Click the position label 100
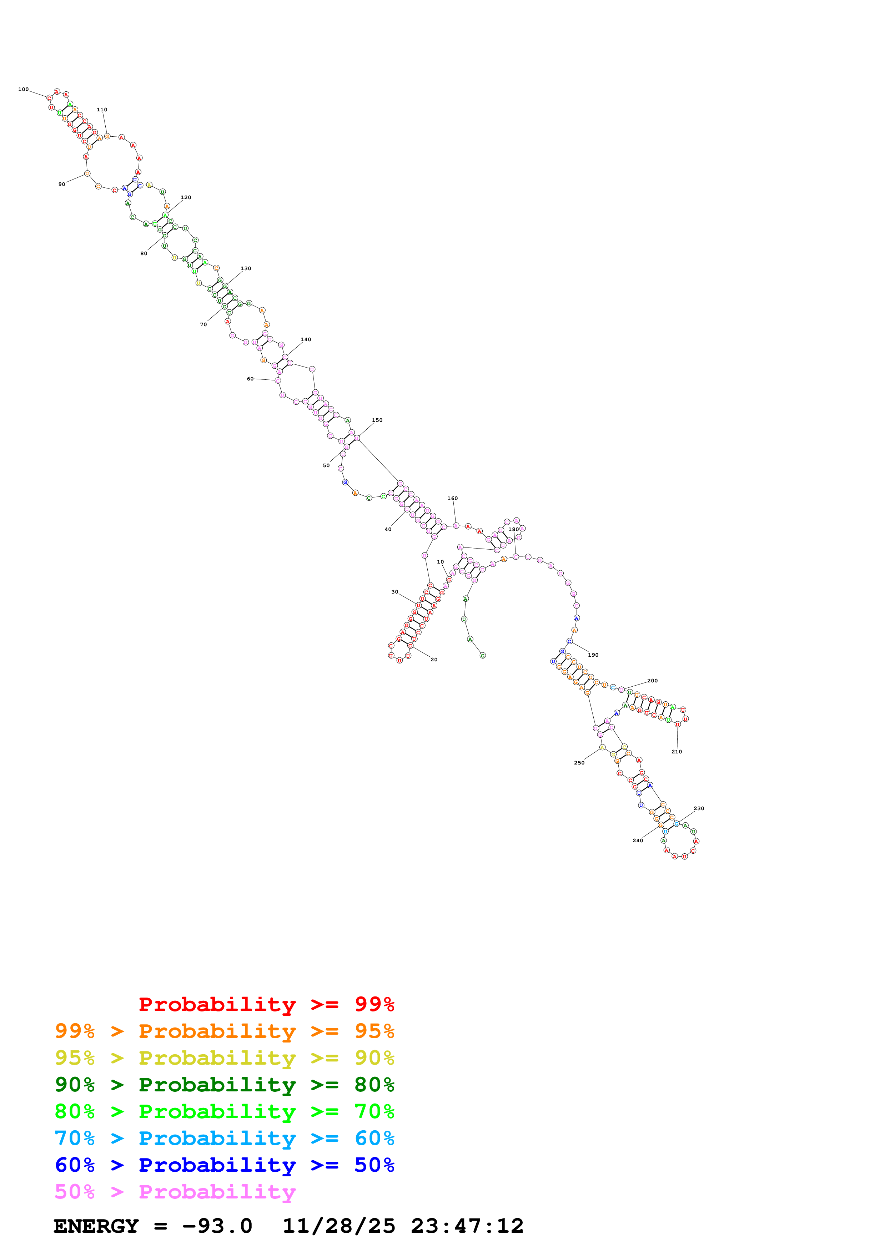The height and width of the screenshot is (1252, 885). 24,90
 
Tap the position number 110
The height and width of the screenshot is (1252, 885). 102,110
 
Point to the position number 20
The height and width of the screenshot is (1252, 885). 434,660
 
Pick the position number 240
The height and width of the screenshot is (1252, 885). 638,841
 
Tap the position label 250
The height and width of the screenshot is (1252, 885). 579,763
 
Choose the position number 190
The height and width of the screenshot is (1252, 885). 593,655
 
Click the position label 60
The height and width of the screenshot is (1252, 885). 250,379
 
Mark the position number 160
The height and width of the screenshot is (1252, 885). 453,498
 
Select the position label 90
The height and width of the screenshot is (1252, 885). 62,184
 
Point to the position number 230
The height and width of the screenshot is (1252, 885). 699,809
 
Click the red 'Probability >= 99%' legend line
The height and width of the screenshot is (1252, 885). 266,1004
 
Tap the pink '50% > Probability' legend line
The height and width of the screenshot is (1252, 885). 175,1192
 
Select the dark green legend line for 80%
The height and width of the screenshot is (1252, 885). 224,1085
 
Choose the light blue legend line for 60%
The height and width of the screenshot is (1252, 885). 224,1138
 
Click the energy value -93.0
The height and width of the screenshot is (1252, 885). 217,1226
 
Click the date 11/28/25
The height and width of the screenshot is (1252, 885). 339,1226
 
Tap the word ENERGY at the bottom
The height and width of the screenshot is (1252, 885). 96,1226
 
